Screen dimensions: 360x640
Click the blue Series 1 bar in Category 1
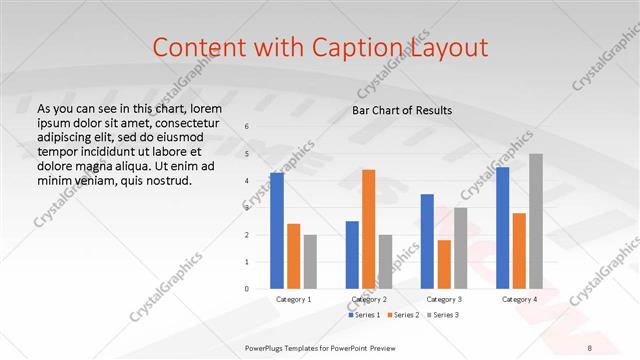[x=277, y=231]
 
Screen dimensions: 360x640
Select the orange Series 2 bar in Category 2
[x=368, y=229]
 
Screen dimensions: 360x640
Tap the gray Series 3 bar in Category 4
[x=536, y=221]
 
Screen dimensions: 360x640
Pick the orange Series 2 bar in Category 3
[x=444, y=264]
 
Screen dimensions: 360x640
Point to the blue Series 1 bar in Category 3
[x=427, y=241]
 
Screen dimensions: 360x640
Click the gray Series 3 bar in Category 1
[x=310, y=262]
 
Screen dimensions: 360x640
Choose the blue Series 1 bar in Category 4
[x=502, y=228]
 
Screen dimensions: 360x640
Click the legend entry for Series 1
[x=364, y=315]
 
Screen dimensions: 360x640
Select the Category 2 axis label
[x=369, y=299]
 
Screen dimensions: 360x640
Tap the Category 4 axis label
[x=519, y=299]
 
